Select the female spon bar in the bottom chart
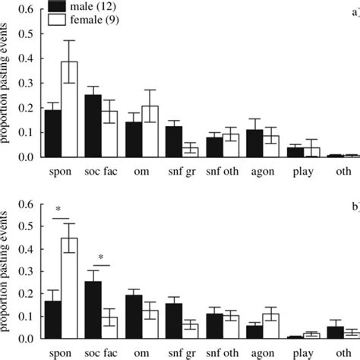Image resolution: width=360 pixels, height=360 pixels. pyautogui.click(x=70, y=288)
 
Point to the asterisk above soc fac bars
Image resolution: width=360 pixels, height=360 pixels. pyautogui.click(x=100, y=257)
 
